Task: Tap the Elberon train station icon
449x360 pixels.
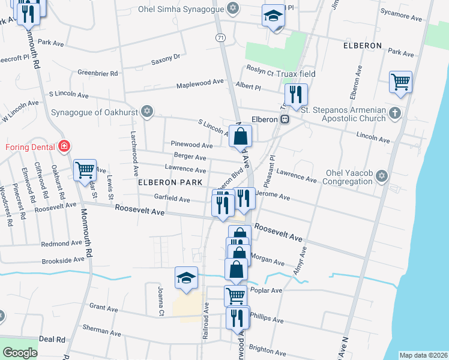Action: pos(286,119)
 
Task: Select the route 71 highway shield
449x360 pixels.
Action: pos(221,37)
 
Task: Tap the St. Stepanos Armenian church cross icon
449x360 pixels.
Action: pos(394,112)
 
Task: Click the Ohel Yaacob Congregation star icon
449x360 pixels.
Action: pos(381,175)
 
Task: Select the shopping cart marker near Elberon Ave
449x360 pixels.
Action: pos(400,81)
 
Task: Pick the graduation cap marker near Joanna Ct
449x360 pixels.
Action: pos(186,278)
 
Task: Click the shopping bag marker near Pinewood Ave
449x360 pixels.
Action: pos(240,136)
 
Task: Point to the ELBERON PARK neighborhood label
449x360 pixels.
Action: pos(165,182)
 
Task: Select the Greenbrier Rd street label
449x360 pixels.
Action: pos(97,73)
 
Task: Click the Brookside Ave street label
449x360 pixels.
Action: pos(63,261)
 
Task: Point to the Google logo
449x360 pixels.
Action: pos(20,353)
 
